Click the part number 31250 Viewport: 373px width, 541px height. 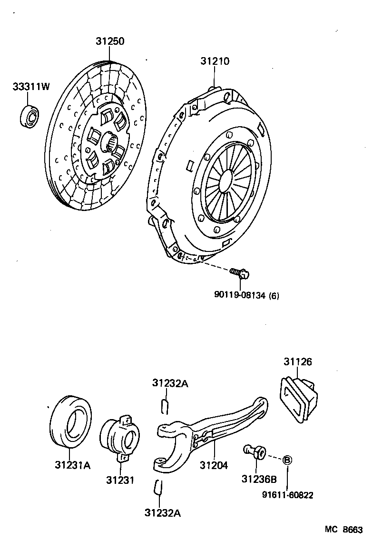point(110,41)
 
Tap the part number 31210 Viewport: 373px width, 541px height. point(215,61)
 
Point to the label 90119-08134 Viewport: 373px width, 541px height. point(240,296)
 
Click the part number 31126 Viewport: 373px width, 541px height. point(298,362)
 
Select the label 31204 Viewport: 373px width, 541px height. point(214,465)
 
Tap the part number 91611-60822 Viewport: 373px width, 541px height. point(287,495)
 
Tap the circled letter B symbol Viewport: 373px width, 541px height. point(287,460)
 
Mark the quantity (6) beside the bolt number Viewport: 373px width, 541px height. point(274,296)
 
